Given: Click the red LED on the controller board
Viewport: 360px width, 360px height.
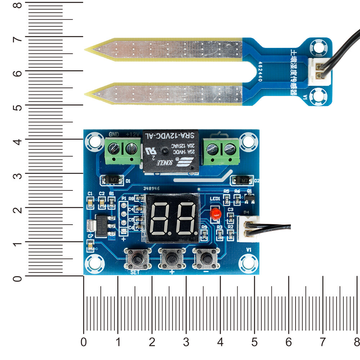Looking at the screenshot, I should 216,213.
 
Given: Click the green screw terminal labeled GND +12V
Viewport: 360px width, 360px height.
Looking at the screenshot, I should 123,151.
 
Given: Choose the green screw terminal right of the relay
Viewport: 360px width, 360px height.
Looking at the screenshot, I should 221,151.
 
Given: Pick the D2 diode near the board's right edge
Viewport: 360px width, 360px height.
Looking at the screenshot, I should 244,179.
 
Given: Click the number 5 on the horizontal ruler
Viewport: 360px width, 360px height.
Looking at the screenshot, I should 255,342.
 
